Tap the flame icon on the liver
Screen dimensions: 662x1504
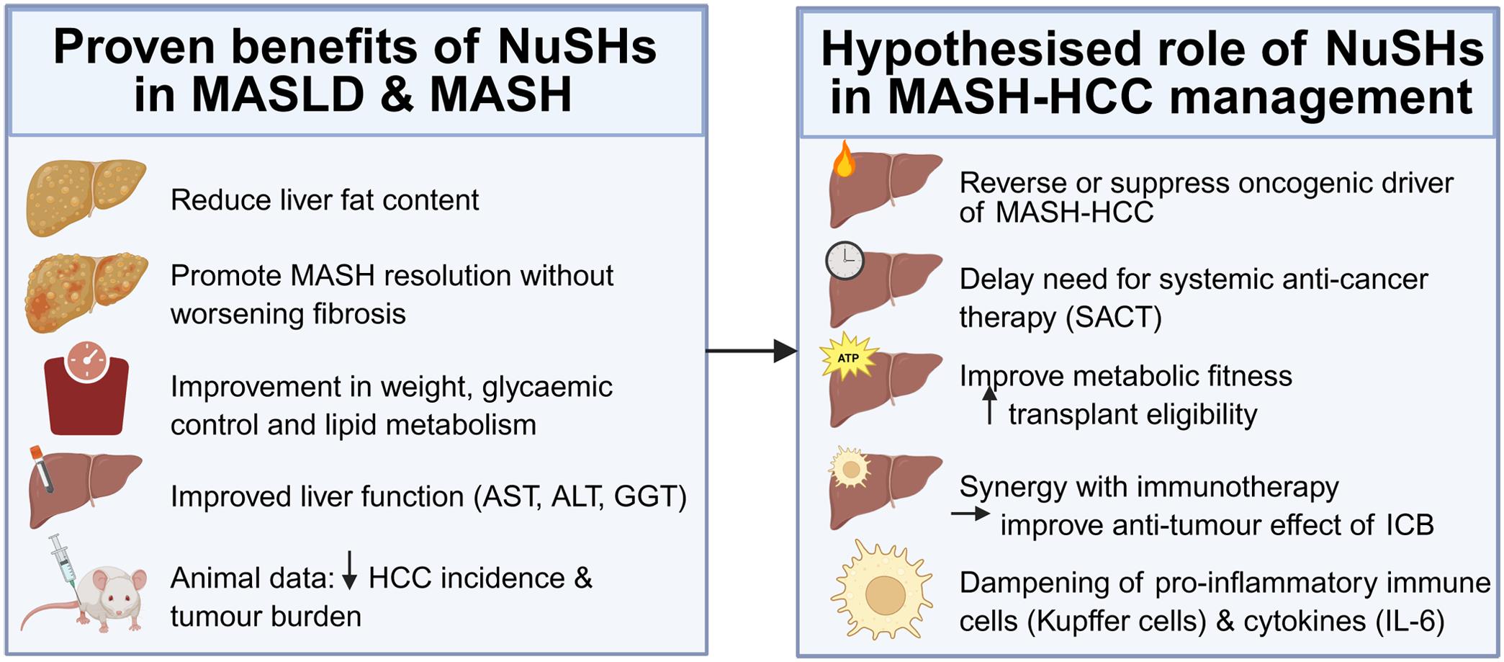pyautogui.click(x=844, y=160)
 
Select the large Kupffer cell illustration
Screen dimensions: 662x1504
pyautogui.click(x=883, y=591)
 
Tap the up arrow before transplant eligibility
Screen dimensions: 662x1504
pyautogui.click(x=990, y=405)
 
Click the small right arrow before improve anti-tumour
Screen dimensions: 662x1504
pyautogui.click(x=971, y=514)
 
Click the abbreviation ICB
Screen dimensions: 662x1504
pyautogui.click(x=1410, y=524)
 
